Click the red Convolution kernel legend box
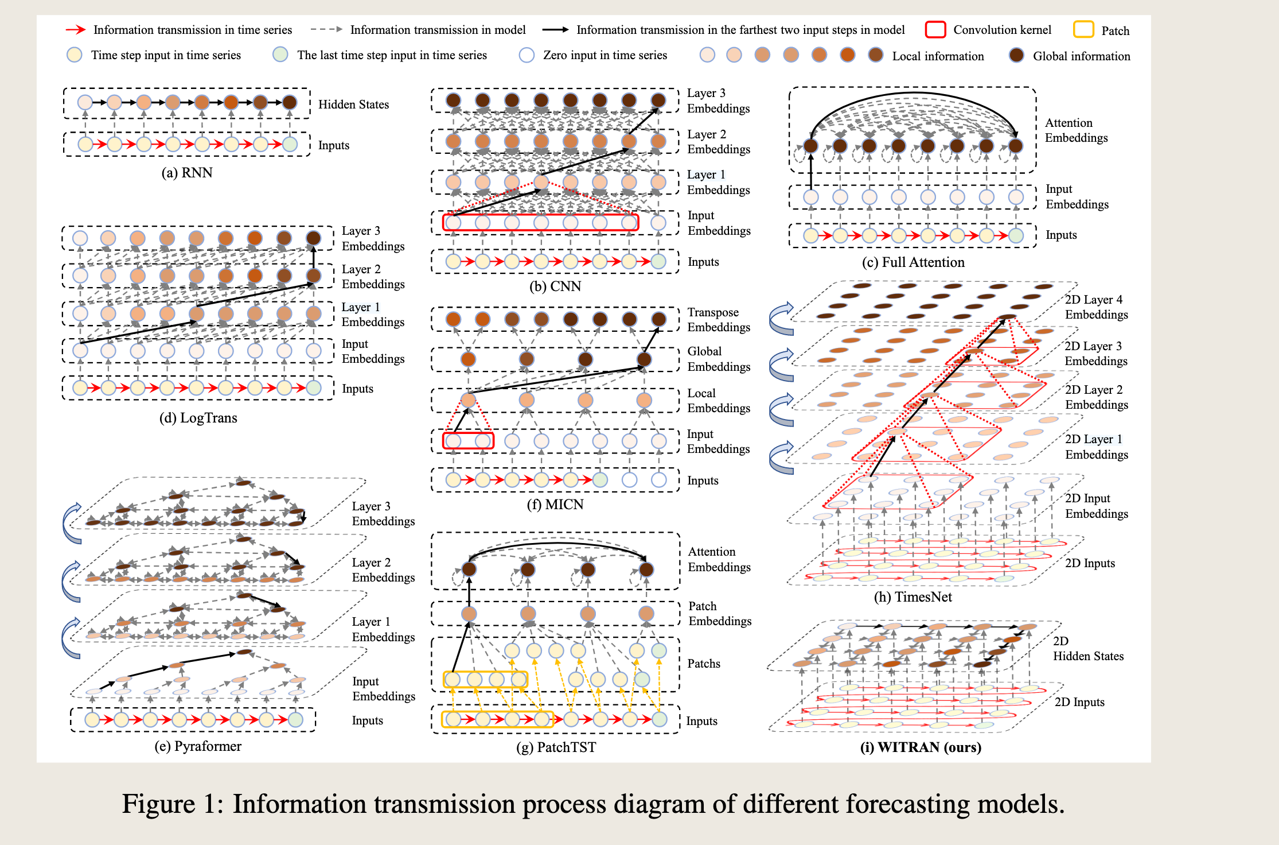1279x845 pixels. pyautogui.click(x=935, y=29)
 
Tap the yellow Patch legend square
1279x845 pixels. pyautogui.click(x=1083, y=29)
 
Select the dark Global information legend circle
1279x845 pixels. pyautogui.click(x=1016, y=55)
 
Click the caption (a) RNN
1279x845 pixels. pyautogui.click(x=187, y=173)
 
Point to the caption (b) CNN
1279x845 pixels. pyautogui.click(x=555, y=286)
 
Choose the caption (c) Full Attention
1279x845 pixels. pyautogui.click(x=913, y=262)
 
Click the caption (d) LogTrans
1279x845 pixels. pyautogui.click(x=198, y=418)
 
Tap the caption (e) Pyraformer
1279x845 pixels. pyautogui.click(x=198, y=746)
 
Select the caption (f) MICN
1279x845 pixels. pyautogui.click(x=555, y=505)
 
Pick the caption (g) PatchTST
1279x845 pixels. pyautogui.click(x=556, y=747)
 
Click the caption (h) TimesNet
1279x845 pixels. pyautogui.click(x=913, y=597)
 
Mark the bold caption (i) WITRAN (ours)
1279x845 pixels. pyautogui.click(x=921, y=747)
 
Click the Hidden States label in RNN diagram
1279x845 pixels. pyautogui.click(x=353, y=104)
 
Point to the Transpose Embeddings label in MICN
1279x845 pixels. pyautogui.click(x=719, y=320)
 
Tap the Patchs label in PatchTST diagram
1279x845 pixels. pyautogui.click(x=704, y=664)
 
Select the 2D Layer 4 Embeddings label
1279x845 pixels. pyautogui.click(x=1097, y=307)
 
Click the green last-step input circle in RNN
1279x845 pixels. pyautogui.click(x=290, y=144)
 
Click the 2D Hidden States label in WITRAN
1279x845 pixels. pyautogui.click(x=1088, y=649)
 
